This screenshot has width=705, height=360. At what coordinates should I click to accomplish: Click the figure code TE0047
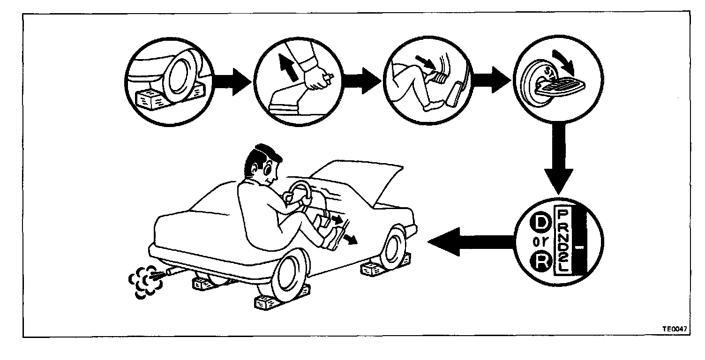675,329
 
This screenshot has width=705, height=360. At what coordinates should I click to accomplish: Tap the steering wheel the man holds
300,193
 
